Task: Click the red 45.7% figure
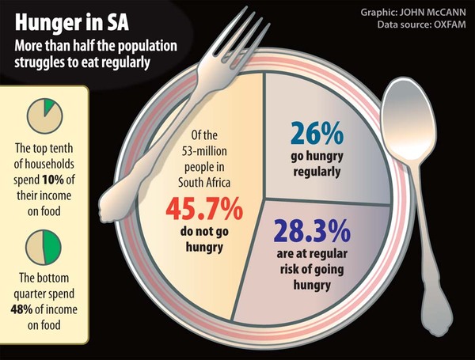(x=204, y=209)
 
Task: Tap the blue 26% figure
(x=317, y=133)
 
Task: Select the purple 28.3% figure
(x=312, y=231)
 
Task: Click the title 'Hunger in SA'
(x=72, y=23)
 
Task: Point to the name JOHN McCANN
(x=432, y=13)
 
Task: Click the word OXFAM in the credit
(x=450, y=25)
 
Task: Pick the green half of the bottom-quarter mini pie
(x=52, y=247)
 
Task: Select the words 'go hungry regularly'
(x=317, y=164)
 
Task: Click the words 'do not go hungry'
(x=204, y=239)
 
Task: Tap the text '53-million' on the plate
(x=204, y=151)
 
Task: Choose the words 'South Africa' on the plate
(x=204, y=182)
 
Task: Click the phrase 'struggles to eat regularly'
(x=82, y=63)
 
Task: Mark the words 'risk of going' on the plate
(x=312, y=269)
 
